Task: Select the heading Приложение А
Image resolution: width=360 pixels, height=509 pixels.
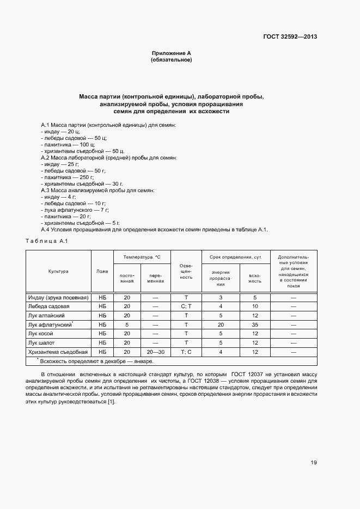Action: (x=171, y=53)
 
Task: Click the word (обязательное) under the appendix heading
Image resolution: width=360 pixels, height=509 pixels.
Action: (x=171, y=59)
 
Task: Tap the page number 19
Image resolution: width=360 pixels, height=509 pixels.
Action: (x=314, y=463)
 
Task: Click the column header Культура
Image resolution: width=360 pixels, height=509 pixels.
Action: (x=58, y=271)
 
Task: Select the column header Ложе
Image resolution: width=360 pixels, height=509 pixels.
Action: (x=102, y=271)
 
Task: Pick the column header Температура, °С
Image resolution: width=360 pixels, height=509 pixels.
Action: (x=142, y=256)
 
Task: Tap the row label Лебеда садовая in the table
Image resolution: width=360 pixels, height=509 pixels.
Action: (x=49, y=306)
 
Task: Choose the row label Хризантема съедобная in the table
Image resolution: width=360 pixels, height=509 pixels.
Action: (x=58, y=352)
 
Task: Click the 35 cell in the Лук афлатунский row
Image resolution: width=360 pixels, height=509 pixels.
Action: (x=255, y=324)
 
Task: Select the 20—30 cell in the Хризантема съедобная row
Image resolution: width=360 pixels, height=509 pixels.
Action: (x=155, y=352)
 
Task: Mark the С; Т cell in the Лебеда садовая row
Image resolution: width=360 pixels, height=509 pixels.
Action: (x=186, y=306)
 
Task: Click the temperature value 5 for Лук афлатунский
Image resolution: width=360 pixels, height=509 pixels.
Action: (x=127, y=324)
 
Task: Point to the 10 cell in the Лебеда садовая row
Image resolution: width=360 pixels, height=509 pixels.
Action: (x=255, y=306)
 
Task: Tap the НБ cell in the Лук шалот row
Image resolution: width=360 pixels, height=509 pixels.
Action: (x=102, y=342)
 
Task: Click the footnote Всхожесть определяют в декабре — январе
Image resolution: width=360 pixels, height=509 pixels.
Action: (x=95, y=361)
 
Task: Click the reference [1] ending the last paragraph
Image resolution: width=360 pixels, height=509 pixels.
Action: (x=112, y=402)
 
